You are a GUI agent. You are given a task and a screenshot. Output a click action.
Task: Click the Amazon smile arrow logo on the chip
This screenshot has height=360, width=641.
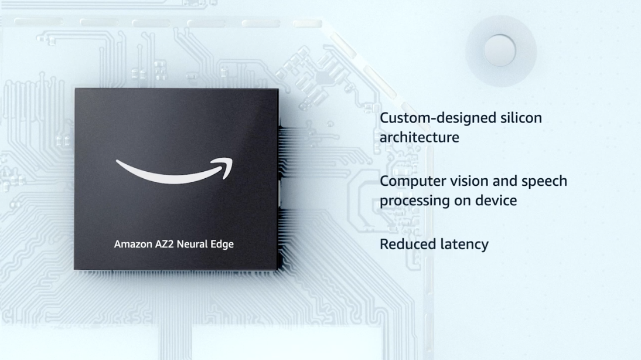174,172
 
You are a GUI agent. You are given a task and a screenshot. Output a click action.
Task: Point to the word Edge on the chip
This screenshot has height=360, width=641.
222,244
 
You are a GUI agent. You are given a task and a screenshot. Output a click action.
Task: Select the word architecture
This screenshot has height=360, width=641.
420,137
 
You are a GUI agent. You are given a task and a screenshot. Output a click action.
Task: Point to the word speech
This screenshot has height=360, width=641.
544,181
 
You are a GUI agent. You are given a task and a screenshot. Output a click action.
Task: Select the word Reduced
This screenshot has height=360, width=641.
404,244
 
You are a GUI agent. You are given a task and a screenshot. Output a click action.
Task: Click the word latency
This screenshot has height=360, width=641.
461,244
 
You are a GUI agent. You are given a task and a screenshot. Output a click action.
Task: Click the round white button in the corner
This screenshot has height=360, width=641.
500,51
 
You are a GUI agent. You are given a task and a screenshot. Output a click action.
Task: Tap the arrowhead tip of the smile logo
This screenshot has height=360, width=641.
232,159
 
